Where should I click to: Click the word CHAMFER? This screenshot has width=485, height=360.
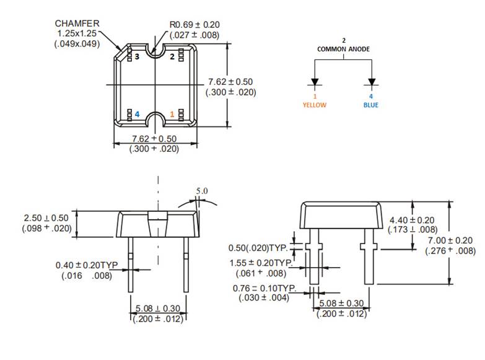[x=77, y=23]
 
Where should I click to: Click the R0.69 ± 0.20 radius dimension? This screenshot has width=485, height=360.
[x=194, y=25]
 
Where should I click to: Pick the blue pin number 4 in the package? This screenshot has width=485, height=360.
[x=137, y=115]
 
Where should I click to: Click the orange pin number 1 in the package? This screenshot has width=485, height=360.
[x=172, y=115]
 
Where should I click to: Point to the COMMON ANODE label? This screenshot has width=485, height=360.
[x=343, y=48]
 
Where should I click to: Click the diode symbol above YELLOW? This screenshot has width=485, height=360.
[x=315, y=82]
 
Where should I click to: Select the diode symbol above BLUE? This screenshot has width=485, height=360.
[x=372, y=82]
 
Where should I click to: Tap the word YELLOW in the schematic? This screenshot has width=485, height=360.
[x=314, y=105]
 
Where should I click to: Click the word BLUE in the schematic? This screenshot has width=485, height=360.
[x=371, y=105]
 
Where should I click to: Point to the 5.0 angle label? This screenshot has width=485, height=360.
[x=202, y=191]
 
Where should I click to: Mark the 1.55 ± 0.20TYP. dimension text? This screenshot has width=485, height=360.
[x=264, y=263]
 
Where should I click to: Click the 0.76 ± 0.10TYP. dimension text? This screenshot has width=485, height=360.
[x=264, y=289]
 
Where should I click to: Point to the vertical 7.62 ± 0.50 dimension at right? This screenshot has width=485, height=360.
[x=230, y=82]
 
